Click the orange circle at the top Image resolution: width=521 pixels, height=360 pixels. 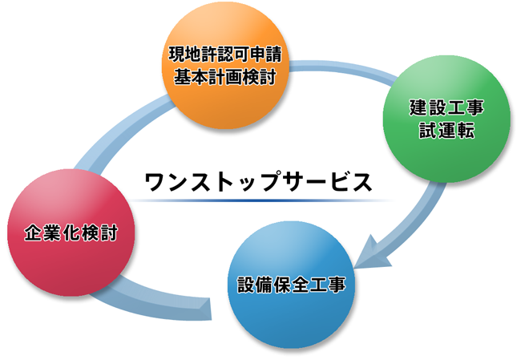pyautogui.click(x=225, y=66)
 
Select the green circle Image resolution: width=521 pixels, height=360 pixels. pyautogui.click(x=446, y=119)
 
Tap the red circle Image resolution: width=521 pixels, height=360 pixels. pyautogui.click(x=71, y=233)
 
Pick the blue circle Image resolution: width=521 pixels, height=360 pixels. pyautogui.click(x=291, y=285)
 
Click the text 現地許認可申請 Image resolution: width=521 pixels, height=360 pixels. pyautogui.click(x=225, y=55)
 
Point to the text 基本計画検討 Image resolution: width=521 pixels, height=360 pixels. pyautogui.click(x=225, y=77)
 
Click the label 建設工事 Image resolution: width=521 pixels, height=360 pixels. pyautogui.click(x=446, y=107)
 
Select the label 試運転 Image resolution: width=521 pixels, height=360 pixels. pyautogui.click(x=446, y=130)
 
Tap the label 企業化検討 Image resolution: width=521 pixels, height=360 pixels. pyautogui.click(x=71, y=233)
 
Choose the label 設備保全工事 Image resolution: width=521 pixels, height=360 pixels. pyautogui.click(x=292, y=285)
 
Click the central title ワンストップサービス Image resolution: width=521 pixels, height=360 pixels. pyautogui.click(x=259, y=181)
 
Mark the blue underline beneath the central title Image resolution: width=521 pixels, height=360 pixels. pyautogui.click(x=260, y=200)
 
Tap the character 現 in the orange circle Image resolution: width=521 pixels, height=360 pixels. pyautogui.click(x=177, y=55)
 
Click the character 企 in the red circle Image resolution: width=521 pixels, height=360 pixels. pyautogui.click(x=33, y=233)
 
